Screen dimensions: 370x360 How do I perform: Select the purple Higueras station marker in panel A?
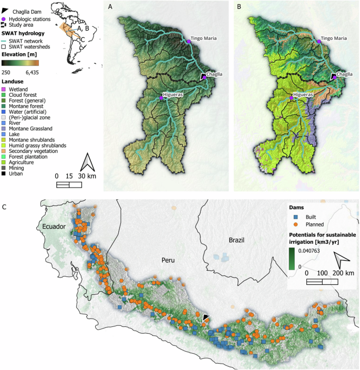point(161,98)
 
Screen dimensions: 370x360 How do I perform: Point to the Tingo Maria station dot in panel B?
point(318,41)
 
